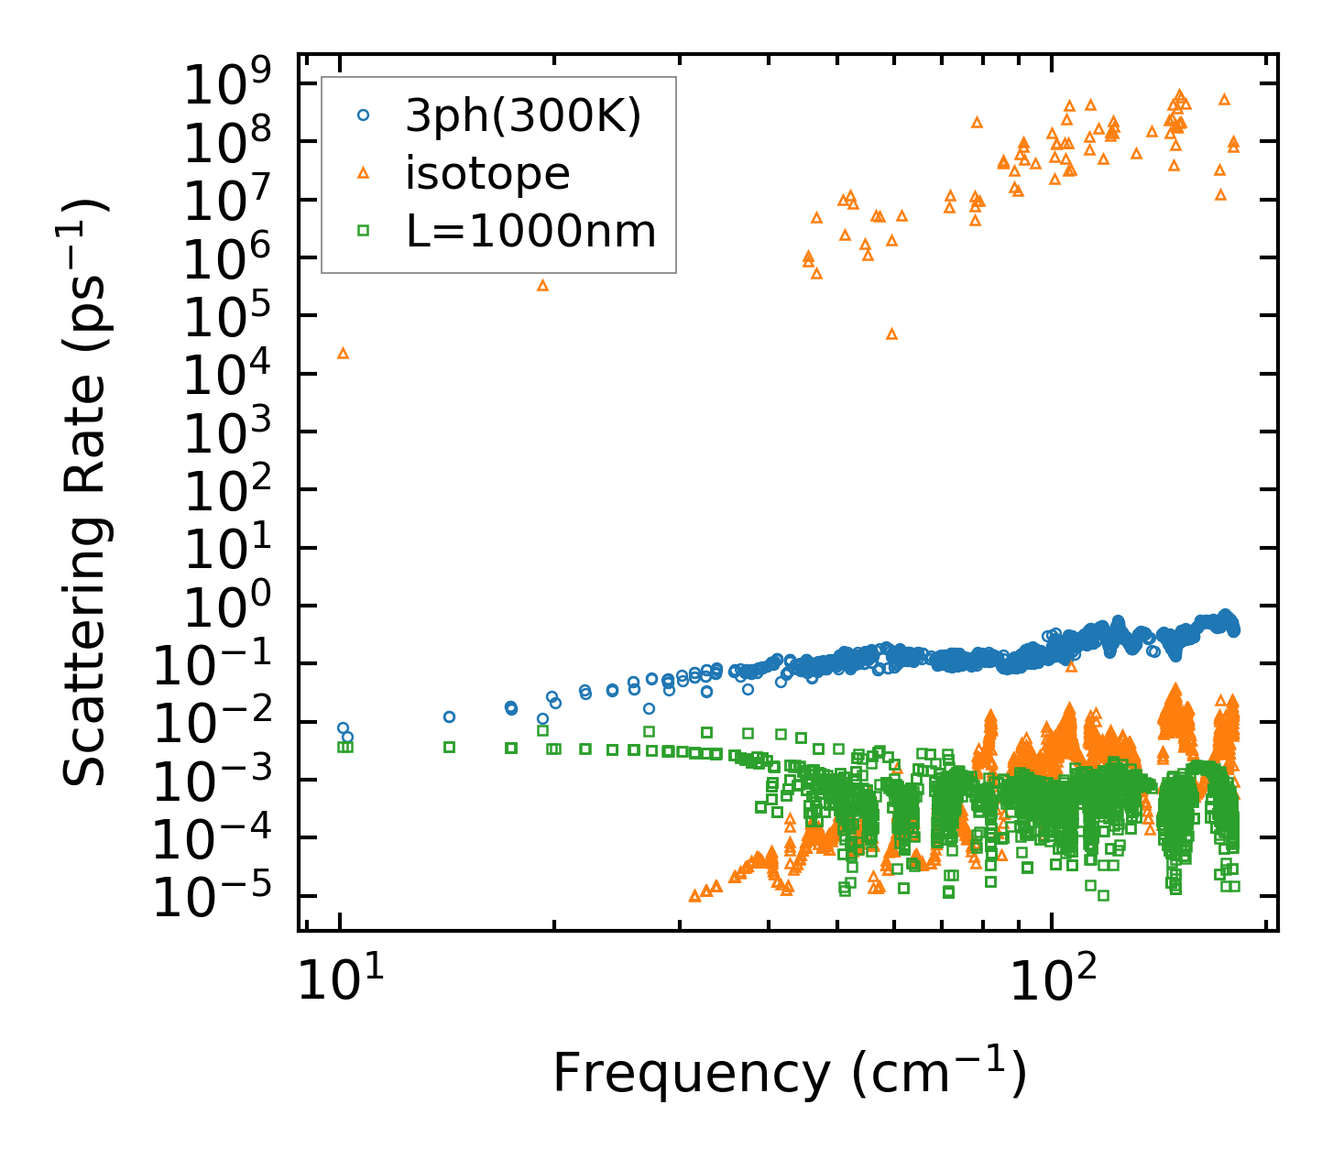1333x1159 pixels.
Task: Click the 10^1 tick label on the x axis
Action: click(x=340, y=985)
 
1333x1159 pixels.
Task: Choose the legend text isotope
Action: click(x=487, y=173)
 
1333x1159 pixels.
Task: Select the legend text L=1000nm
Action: click(x=531, y=232)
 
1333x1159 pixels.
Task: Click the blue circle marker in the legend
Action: click(x=363, y=115)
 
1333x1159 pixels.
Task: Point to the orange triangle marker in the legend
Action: click(x=363, y=173)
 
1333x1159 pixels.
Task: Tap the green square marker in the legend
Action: click(x=363, y=231)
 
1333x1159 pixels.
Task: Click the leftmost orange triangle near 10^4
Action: click(x=343, y=353)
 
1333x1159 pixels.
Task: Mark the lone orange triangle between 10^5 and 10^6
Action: click(x=542, y=285)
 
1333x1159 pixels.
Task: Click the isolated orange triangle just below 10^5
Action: click(x=891, y=333)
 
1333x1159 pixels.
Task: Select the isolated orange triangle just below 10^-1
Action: click(x=1070, y=666)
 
